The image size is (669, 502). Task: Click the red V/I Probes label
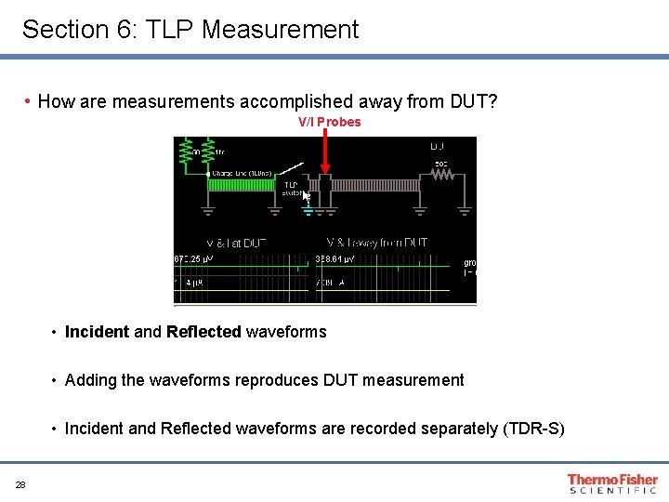[329, 122]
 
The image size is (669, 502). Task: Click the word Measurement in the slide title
[280, 30]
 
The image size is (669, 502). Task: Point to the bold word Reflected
[203, 332]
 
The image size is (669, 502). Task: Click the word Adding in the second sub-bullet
[89, 380]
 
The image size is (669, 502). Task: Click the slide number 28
[20, 484]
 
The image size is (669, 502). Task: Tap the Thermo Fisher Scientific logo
[612, 483]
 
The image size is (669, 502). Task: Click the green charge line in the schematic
[241, 185]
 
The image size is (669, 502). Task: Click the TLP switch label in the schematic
[291, 189]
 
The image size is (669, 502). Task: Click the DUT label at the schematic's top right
[438, 147]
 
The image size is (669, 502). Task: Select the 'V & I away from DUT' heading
[377, 243]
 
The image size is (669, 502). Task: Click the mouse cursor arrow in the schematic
[307, 196]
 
